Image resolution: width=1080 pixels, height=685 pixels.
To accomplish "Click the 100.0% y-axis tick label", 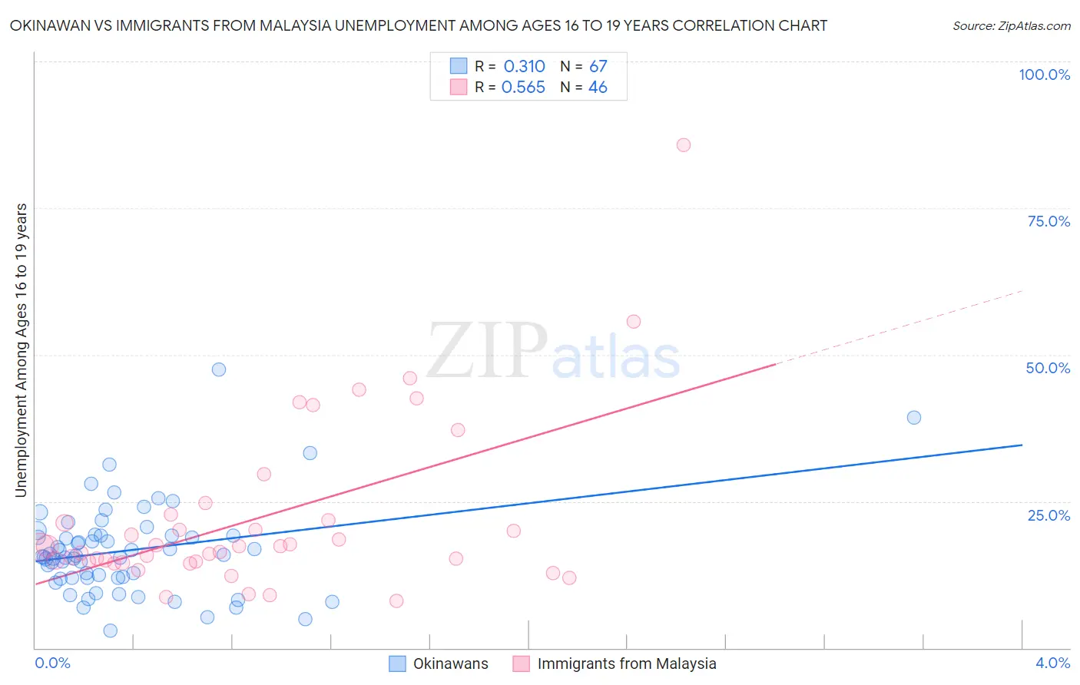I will tap(1044, 74).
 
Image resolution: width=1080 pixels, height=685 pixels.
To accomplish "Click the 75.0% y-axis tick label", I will tap(1049, 221).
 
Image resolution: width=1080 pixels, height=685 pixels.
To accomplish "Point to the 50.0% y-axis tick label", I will tap(1048, 368).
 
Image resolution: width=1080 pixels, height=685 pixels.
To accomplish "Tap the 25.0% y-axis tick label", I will tap(1049, 515).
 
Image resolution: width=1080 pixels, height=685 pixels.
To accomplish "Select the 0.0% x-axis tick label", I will tap(52, 663).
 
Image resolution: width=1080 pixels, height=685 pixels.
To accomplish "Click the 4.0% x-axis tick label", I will tap(1052, 663).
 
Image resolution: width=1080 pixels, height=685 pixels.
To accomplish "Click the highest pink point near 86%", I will tap(683, 145).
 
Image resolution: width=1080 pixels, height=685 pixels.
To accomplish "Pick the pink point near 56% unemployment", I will tap(634, 322).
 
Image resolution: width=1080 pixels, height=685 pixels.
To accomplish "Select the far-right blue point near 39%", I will tap(914, 418).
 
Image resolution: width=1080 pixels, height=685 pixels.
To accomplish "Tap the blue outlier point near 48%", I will tap(219, 369).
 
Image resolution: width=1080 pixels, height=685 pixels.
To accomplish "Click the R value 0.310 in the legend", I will tap(524, 67).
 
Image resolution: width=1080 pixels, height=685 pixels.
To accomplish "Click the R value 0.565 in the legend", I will tap(523, 88).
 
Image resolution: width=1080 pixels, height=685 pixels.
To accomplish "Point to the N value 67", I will tap(598, 67).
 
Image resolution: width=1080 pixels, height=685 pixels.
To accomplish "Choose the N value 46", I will tap(598, 88).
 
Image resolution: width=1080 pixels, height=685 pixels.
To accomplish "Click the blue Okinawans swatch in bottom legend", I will tap(397, 663).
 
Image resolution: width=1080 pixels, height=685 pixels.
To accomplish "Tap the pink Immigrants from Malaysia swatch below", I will tap(522, 663).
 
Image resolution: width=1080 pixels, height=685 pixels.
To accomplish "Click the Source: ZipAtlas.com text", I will tap(1011, 26).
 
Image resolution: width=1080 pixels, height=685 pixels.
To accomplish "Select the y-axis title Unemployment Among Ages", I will tap(21, 349).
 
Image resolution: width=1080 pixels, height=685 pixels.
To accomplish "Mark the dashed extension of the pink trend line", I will tap(899, 327).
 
